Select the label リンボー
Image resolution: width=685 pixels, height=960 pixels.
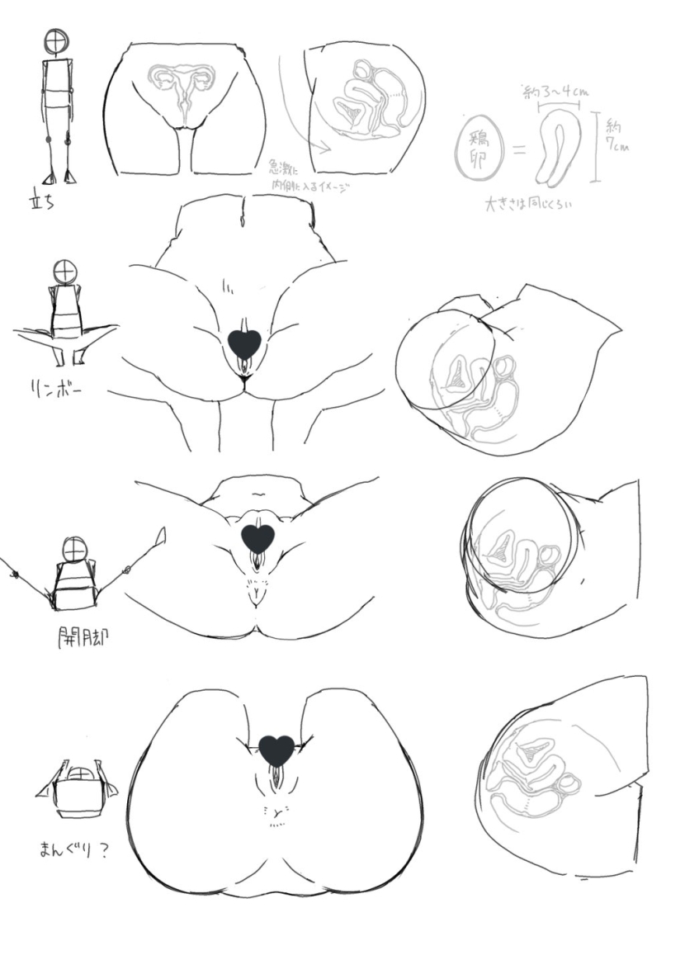point(50,386)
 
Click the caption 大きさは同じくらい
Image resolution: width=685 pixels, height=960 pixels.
point(528,203)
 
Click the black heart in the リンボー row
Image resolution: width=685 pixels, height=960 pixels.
point(243,343)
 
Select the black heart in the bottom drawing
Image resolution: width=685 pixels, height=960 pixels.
point(276,749)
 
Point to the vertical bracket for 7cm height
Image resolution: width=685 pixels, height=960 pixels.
point(595,149)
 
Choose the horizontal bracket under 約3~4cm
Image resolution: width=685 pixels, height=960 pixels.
point(557,105)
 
